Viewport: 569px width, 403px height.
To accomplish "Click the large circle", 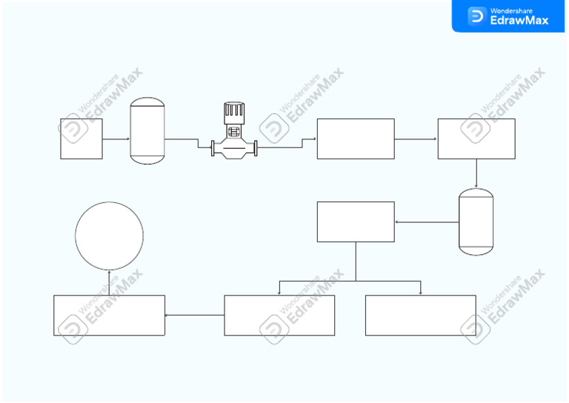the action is point(109,236).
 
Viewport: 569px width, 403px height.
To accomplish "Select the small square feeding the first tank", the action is point(81,139).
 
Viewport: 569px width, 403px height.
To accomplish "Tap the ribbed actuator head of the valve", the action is point(234,113).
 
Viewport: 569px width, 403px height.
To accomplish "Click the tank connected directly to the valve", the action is point(147,131).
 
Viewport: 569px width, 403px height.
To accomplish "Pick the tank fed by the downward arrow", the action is point(476,222).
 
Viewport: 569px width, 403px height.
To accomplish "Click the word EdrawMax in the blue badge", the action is point(519,21).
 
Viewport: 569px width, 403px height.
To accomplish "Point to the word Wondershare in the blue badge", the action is point(511,10).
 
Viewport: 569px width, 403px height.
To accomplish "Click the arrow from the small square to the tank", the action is point(116,139).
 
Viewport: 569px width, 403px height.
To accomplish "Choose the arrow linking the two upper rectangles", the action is point(416,139).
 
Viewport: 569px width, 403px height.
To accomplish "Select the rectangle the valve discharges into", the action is point(356,139).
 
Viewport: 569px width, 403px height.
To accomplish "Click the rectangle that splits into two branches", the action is point(356,222).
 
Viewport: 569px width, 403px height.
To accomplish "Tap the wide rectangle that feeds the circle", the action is point(109,315).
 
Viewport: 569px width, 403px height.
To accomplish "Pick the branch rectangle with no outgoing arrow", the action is point(420,315).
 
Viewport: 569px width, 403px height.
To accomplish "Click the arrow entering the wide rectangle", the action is point(194,315).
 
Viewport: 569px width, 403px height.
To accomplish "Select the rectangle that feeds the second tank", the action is point(476,139).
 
